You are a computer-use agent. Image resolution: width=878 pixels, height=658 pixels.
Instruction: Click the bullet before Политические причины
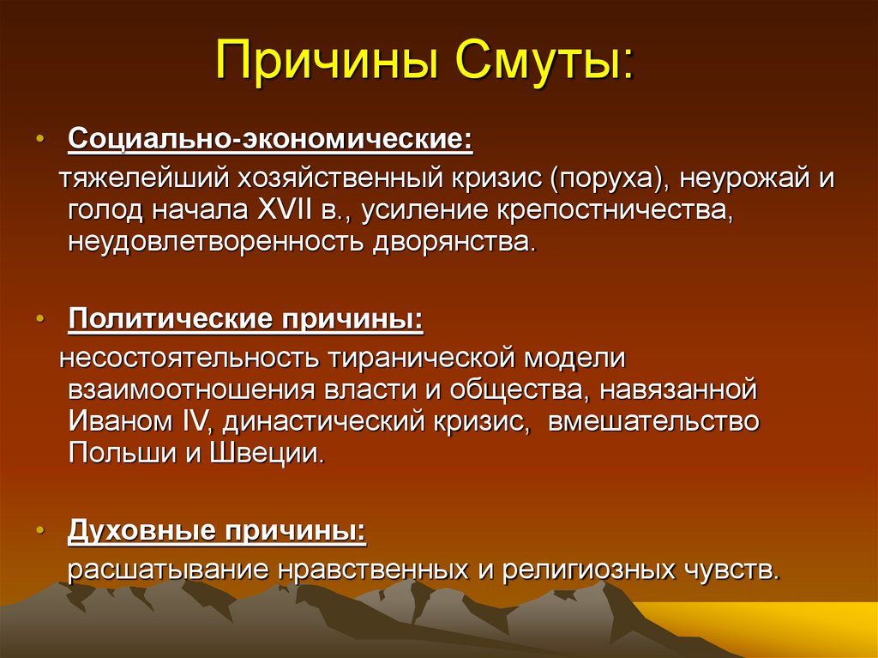click(39, 319)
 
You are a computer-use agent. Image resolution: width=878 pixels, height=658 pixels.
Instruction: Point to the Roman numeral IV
click(197, 421)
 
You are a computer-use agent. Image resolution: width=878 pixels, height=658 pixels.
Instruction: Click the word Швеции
click(268, 454)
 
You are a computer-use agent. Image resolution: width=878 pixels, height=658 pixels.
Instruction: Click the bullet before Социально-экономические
click(39, 138)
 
